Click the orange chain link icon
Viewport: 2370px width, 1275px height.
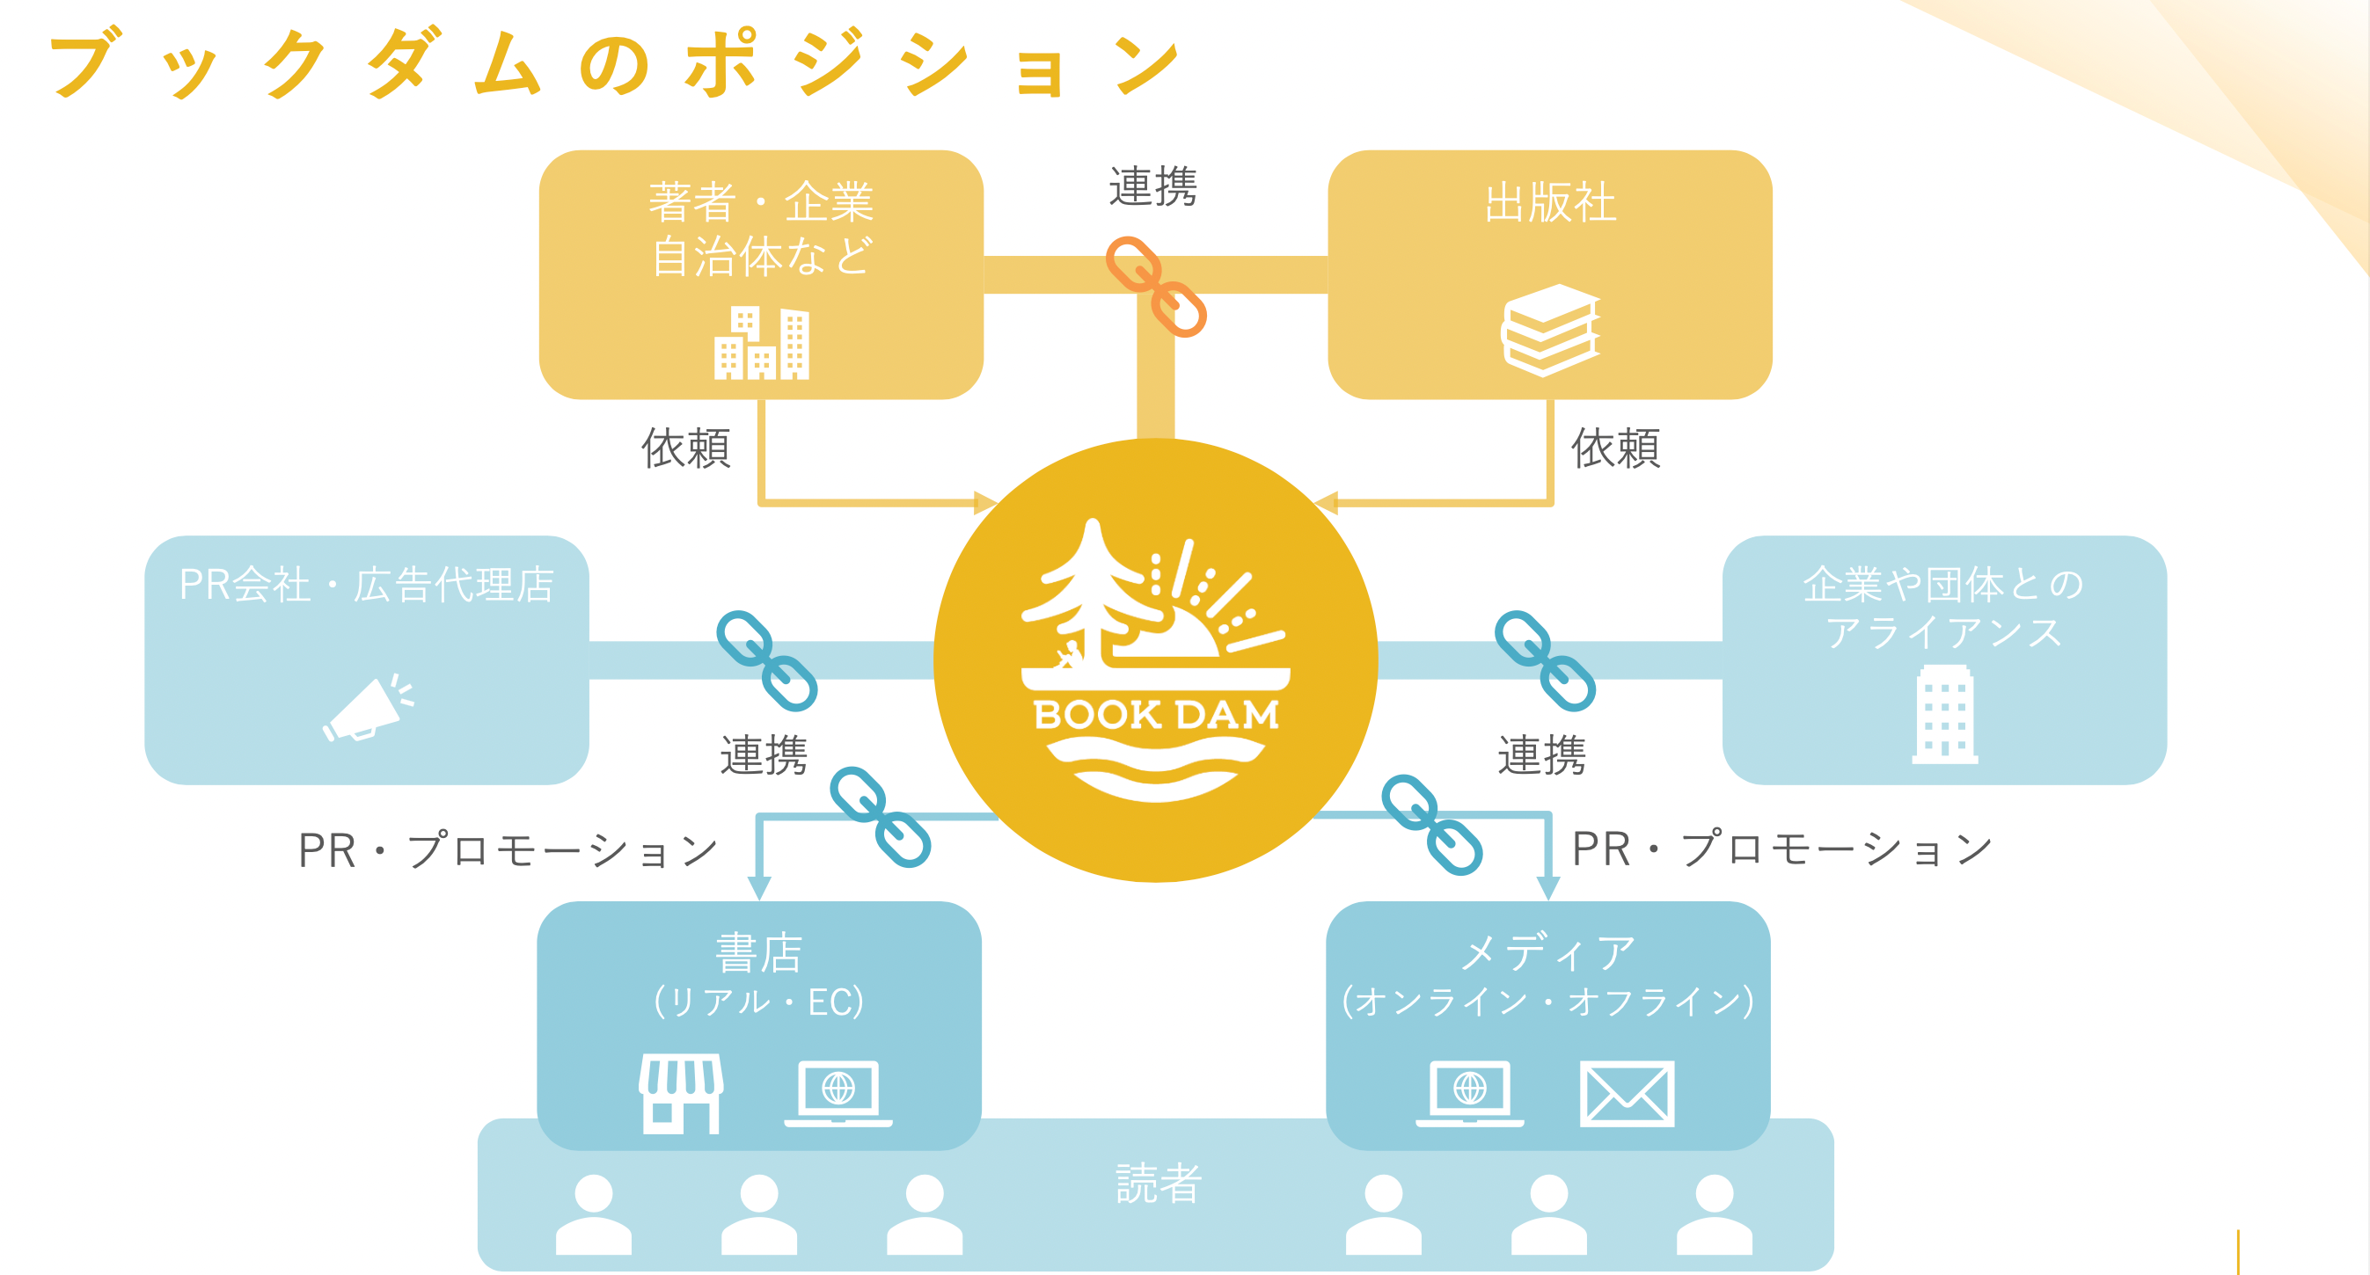(1156, 286)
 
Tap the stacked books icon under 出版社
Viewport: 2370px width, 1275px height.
(1551, 331)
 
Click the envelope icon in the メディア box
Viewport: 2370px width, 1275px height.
(1627, 1094)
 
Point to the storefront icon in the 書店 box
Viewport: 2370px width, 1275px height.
(681, 1094)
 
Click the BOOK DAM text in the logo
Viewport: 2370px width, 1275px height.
(1156, 715)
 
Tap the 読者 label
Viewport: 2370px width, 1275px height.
(1159, 1183)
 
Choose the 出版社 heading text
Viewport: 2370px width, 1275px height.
(1550, 202)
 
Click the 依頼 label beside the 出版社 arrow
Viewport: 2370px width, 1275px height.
(1615, 448)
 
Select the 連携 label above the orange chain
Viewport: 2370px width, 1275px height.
(1152, 186)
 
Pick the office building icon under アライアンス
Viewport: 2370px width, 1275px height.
(1944, 715)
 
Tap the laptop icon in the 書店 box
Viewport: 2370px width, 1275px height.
(838, 1093)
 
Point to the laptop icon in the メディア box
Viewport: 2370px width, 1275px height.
(1469, 1093)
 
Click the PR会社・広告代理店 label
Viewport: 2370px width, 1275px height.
(366, 585)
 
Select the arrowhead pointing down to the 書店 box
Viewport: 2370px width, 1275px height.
(759, 887)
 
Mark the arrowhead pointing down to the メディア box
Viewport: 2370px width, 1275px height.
(1548, 887)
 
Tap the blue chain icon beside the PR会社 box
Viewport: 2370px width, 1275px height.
(766, 660)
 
